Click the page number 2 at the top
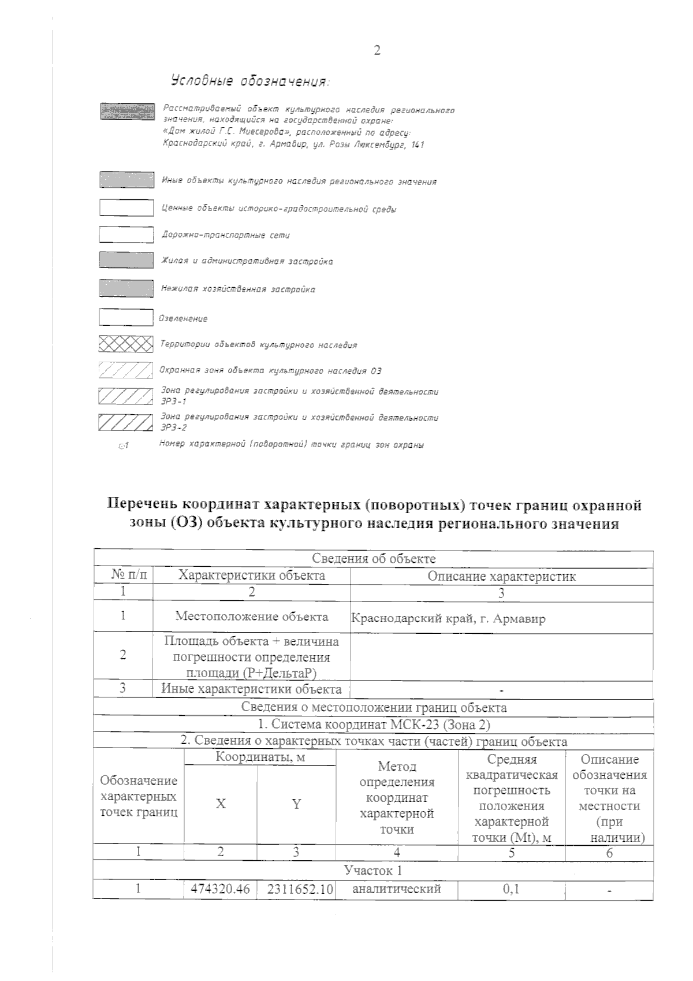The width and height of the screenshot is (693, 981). coord(377,50)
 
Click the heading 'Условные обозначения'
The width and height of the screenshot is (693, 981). coord(249,81)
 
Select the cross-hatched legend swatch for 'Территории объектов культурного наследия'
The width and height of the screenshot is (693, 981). coord(126,344)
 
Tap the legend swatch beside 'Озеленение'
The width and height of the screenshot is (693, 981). coord(126,317)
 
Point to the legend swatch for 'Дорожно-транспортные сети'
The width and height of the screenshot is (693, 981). coord(126,235)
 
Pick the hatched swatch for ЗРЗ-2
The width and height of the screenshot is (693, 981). coord(126,422)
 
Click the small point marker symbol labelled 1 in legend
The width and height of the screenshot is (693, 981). coord(122,445)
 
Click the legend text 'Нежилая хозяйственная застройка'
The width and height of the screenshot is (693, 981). coord(238,289)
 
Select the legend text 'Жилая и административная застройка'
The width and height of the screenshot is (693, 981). coord(247,261)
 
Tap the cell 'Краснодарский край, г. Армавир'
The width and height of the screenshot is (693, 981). coord(448,619)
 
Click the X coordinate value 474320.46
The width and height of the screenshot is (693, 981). coord(220,905)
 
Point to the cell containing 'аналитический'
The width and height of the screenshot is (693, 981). coord(397,905)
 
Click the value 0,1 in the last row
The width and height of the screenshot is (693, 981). coord(511,905)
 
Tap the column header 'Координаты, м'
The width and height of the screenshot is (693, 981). coord(260,757)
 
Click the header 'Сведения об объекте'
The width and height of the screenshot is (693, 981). coord(374,559)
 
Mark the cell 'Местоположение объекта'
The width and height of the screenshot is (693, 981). coord(251,616)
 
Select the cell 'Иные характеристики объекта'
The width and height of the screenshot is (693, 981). coord(251,689)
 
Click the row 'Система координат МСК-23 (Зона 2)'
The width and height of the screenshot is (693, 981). coord(374,724)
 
